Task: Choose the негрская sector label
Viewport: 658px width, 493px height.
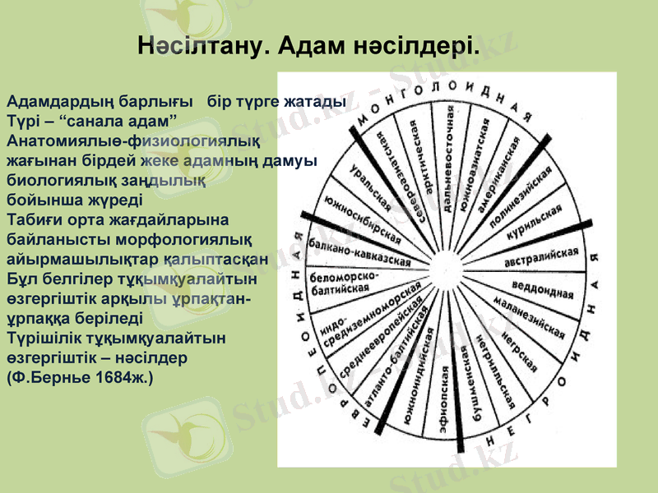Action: [519, 350]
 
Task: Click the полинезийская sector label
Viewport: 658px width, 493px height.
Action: [520, 192]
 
